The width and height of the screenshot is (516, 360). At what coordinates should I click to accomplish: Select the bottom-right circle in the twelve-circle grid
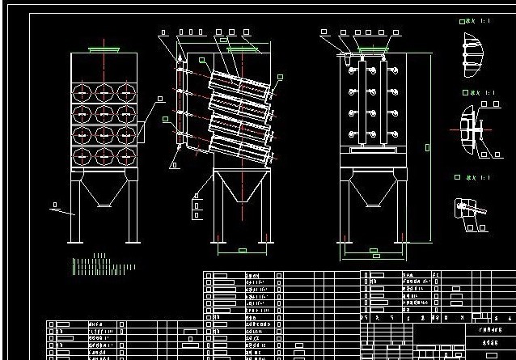tap(125, 155)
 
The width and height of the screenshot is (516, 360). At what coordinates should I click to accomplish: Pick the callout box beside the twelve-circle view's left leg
tap(54, 205)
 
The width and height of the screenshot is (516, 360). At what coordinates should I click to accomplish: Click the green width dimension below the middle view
tap(243, 252)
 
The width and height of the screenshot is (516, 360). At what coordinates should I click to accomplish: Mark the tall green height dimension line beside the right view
tap(429, 146)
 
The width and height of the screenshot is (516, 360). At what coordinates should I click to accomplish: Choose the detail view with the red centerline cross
tap(475, 129)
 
